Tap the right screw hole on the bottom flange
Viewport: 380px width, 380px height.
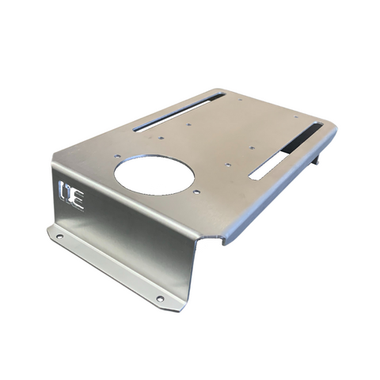tap(160, 298)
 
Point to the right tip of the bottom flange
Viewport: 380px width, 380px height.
tap(180, 307)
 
